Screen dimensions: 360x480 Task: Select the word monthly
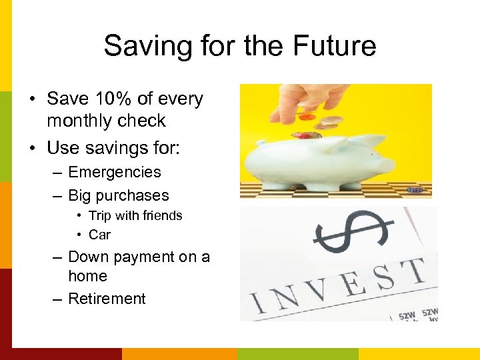(x=79, y=121)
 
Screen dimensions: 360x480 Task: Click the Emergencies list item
(x=115, y=172)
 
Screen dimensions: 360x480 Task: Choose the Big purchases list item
(x=119, y=195)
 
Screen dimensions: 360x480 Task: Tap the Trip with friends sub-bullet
(x=135, y=215)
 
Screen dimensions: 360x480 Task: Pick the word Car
(x=99, y=235)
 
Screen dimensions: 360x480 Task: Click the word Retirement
(x=107, y=299)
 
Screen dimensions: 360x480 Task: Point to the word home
(x=87, y=276)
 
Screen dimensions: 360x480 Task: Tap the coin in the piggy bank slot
(x=305, y=135)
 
